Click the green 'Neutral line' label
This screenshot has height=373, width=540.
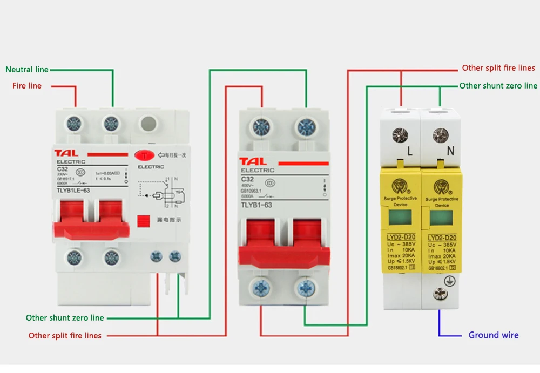(x=27, y=70)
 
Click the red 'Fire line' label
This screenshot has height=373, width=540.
(x=27, y=86)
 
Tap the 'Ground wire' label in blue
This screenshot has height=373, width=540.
(x=493, y=335)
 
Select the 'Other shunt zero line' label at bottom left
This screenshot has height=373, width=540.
(x=65, y=318)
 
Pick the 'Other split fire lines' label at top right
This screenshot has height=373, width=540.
(x=498, y=69)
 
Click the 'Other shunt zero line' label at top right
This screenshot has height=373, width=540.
(x=498, y=86)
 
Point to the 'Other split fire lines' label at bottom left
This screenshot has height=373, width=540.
(x=65, y=336)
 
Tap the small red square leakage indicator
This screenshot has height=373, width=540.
(x=144, y=221)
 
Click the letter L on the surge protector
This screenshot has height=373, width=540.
(x=409, y=152)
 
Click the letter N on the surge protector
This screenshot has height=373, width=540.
(x=449, y=152)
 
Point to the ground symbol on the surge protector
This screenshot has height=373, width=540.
(x=447, y=281)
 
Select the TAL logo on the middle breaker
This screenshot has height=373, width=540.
(x=253, y=161)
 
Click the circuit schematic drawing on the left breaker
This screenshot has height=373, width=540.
(x=165, y=193)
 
